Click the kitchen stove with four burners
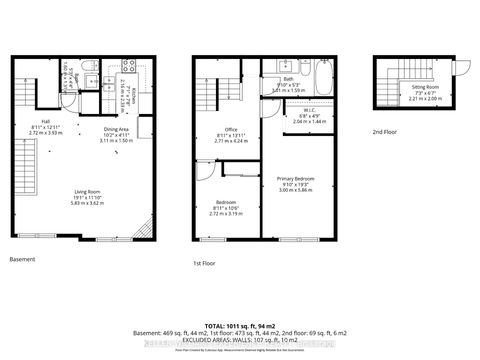[128, 67]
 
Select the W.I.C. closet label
[287, 116]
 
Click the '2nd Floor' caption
[384, 131]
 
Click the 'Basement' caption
[21, 259]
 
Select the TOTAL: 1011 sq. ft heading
[240, 327]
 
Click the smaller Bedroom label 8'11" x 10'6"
[225, 210]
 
